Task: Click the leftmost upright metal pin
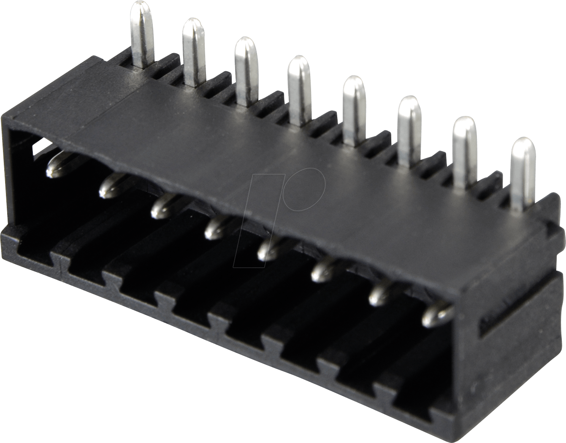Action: pos(143,34)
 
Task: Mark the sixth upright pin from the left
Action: pos(409,129)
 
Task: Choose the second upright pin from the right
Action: pos(464,150)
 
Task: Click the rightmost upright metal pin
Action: pos(522,171)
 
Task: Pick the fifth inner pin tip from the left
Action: pos(268,250)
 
